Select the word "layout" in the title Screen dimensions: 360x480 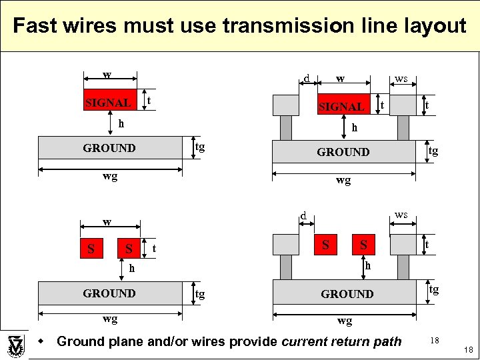433,26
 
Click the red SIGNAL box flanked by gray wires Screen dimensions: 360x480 342,105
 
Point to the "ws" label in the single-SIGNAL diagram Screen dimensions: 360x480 401,79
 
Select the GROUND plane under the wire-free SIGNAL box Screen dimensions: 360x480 110,148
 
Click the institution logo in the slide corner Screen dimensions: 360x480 15,344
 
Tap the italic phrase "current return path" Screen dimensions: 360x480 342,342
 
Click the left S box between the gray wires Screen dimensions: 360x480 325,245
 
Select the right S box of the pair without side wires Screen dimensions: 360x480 129,249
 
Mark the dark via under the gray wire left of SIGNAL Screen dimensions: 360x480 285,127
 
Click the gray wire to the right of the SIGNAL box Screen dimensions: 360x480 403,105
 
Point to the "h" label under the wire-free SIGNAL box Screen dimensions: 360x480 121,124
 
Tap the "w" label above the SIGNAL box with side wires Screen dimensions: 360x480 341,79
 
